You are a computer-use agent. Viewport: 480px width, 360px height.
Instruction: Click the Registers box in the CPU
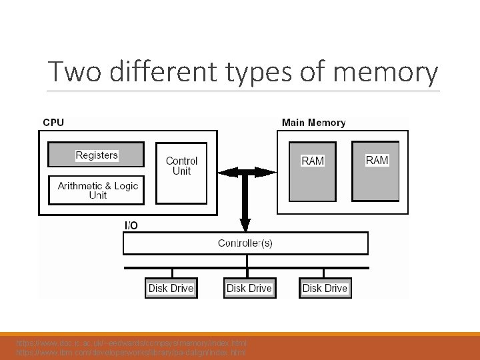96,155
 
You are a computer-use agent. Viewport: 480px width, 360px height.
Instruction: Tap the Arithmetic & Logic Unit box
97,190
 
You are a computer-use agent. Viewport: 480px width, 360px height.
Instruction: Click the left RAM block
313,171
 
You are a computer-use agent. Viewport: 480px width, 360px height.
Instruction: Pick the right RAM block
375,171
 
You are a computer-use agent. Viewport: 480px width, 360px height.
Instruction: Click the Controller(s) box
245,243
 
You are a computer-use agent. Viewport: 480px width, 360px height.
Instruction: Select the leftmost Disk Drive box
171,288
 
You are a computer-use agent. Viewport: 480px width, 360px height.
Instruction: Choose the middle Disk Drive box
249,288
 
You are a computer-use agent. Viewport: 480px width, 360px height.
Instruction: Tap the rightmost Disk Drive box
325,288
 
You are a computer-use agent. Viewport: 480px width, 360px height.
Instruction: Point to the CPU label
53,123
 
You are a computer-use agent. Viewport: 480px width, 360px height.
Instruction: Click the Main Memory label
313,123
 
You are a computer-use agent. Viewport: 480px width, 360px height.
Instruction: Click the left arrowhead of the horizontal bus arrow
225,173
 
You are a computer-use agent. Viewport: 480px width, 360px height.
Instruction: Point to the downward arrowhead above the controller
245,225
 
